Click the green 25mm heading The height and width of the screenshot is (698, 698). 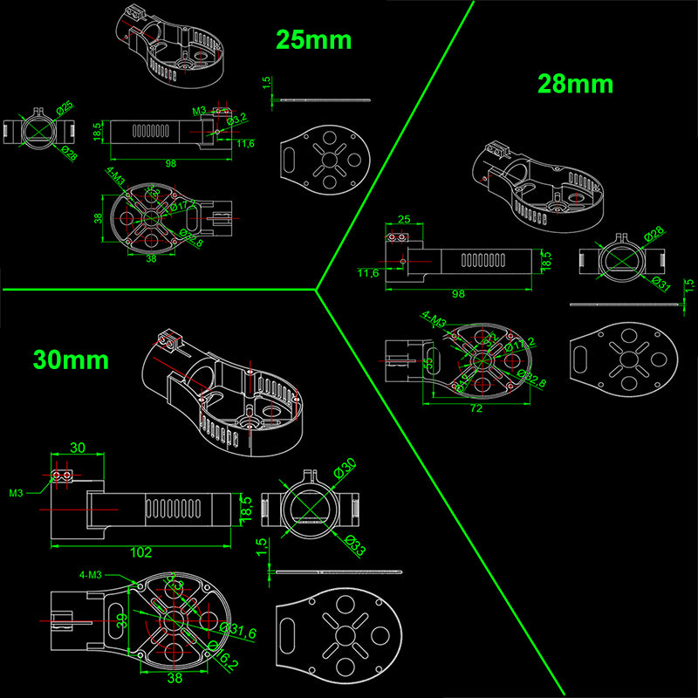pos(313,39)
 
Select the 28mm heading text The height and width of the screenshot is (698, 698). pos(575,84)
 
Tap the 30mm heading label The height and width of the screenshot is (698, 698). pos(71,359)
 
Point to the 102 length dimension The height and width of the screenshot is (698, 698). pos(140,552)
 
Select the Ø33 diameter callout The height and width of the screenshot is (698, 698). pos(353,546)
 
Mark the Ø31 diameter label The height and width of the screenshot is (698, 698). pos(660,284)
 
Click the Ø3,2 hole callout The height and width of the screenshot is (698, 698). pos(236,119)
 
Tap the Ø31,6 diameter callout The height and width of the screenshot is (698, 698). pos(236,631)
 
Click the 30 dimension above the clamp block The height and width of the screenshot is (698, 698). pos(77,448)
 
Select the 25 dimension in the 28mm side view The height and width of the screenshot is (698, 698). pos(403,220)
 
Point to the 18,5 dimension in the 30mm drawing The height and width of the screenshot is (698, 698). pos(246,507)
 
